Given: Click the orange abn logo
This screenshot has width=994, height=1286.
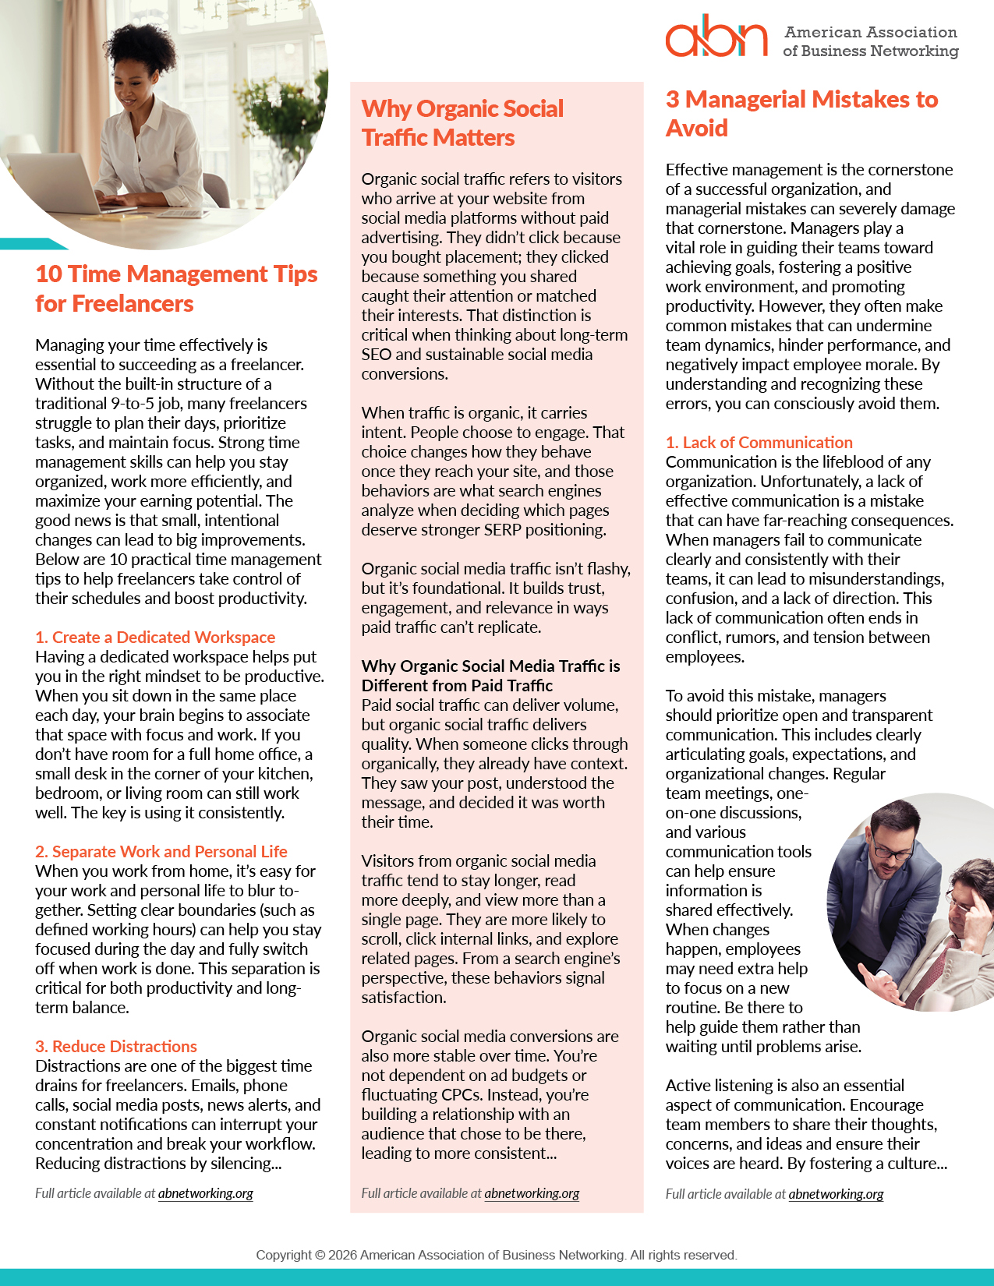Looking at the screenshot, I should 716,37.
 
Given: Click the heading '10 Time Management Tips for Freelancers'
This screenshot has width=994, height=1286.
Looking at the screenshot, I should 176,288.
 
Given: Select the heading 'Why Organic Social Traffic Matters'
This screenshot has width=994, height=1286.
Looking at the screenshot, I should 462,123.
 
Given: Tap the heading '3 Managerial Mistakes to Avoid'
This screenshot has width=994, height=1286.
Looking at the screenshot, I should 801,114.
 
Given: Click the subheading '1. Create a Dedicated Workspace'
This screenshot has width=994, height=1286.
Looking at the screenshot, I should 155,638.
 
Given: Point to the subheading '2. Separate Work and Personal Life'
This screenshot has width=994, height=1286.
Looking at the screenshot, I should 161,852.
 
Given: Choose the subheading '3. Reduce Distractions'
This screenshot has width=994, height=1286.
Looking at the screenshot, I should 116,1047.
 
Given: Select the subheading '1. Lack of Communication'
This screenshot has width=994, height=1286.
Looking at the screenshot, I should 759,443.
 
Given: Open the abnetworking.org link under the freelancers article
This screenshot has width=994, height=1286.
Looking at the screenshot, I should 206,1193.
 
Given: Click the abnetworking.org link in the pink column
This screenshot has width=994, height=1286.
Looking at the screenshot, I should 532,1193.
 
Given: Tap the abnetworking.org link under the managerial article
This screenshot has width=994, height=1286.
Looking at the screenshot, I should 836,1194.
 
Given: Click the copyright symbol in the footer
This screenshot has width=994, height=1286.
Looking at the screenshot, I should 320,1255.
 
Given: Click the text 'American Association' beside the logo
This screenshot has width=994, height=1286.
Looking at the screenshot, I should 870,32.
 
